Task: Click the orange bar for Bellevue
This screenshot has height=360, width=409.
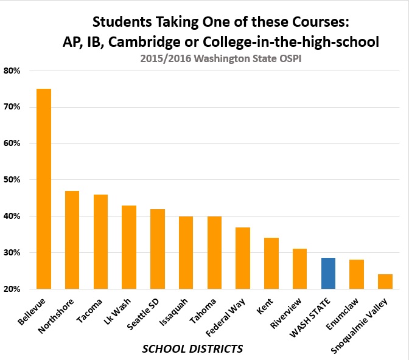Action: [44, 189]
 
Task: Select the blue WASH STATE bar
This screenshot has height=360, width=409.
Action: [328, 273]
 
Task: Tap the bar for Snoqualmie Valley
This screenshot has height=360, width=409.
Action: [385, 281]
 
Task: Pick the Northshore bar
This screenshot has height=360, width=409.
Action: [72, 240]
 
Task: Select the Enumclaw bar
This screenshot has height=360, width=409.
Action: [357, 274]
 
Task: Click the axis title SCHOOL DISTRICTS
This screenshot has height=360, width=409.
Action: [192, 348]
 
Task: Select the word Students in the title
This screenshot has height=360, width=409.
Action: [120, 23]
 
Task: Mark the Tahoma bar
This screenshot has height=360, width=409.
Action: [214, 252]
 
